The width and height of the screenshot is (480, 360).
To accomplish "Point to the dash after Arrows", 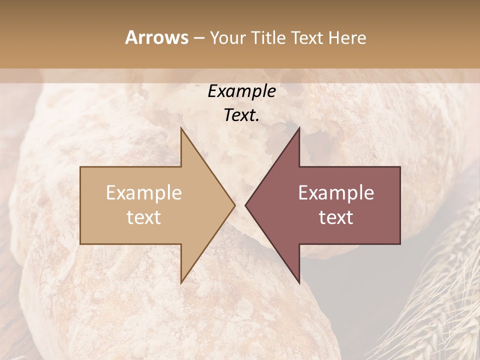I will click(199, 38).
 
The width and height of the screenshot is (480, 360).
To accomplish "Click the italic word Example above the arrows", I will click(241, 91).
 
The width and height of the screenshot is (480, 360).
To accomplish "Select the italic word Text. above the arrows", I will click(241, 115).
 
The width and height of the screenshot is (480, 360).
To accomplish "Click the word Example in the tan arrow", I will click(144, 193).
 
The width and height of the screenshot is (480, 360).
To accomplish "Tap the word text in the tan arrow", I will click(144, 217).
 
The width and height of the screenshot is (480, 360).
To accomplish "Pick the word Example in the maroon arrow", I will click(336, 193).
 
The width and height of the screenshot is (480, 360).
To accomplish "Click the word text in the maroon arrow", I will click(336, 217).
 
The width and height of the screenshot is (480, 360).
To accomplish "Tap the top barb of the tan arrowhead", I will click(182, 131).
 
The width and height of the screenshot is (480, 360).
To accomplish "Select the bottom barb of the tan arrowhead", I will click(182, 280).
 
